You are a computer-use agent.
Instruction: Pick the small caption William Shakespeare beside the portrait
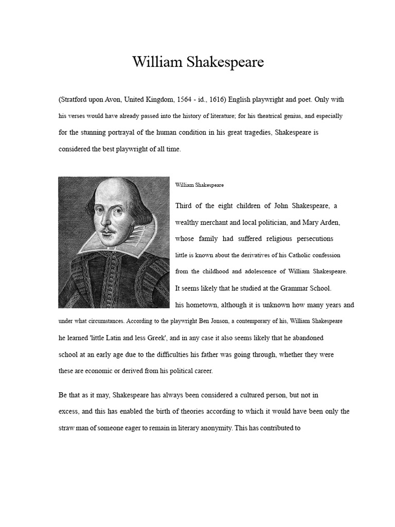(200, 184)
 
